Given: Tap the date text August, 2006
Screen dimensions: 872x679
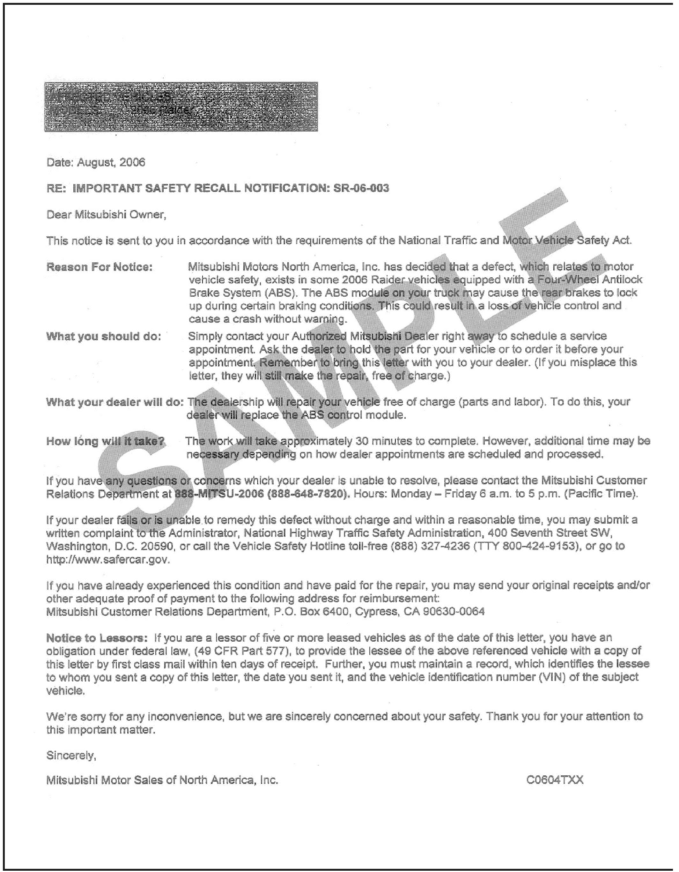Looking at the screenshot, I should [x=111, y=162].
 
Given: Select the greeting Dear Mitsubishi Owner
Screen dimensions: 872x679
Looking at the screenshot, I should [x=106, y=215].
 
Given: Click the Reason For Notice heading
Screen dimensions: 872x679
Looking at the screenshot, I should [x=100, y=267].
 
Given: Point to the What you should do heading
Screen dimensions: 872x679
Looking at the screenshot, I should [x=103, y=336].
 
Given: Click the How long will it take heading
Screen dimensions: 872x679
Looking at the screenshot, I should [x=105, y=441].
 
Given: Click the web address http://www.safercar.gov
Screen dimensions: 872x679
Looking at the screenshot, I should [x=108, y=560].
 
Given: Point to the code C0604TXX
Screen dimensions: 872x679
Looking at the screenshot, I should [x=554, y=780].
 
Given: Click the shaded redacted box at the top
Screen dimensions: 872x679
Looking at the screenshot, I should [x=181, y=107].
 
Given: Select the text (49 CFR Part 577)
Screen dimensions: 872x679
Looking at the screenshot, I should [x=241, y=651].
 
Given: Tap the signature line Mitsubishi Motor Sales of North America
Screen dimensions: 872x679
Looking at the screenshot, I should [x=162, y=780].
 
